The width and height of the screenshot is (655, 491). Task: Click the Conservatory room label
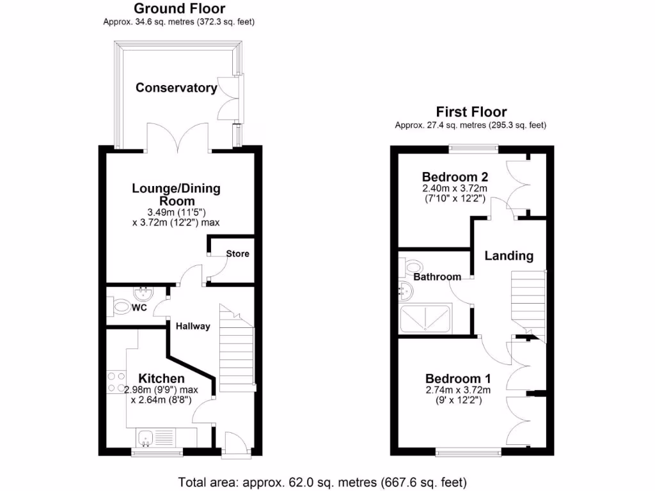(176, 88)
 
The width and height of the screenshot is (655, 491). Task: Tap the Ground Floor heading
(179, 8)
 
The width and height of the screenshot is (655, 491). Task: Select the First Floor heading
(471, 112)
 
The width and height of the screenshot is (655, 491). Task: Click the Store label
(237, 254)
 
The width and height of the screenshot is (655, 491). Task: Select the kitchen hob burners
(116, 382)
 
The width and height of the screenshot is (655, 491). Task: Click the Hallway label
(193, 326)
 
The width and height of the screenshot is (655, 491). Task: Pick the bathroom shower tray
(425, 319)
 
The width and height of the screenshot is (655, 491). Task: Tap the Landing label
(509, 256)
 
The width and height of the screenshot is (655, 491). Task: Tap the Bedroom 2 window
(473, 148)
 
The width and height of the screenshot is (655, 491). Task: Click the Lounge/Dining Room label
(176, 194)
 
